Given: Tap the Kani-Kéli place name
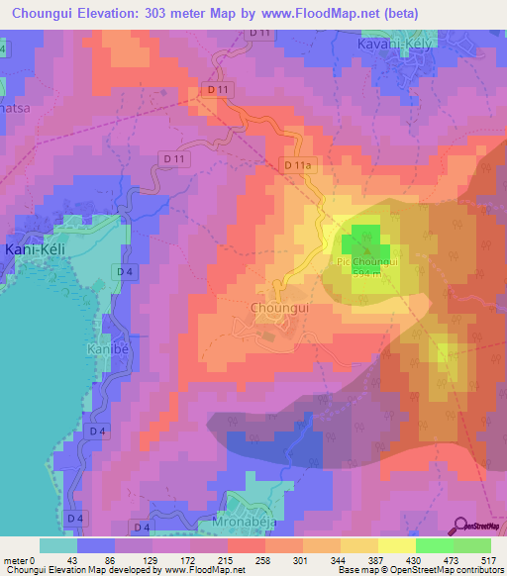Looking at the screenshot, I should (35, 249).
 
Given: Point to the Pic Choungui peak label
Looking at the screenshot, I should (367, 262).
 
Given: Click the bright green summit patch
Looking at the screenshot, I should (360, 240).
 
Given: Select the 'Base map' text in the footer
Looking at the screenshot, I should (354, 570).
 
